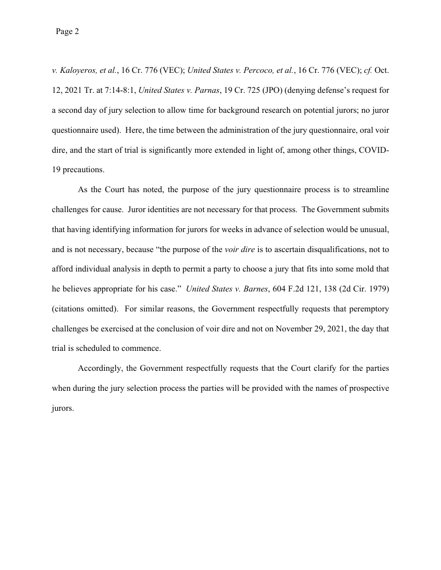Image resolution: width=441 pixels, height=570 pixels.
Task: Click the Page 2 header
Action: click(x=68, y=32)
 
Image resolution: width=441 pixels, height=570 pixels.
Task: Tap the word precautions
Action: click(x=83, y=169)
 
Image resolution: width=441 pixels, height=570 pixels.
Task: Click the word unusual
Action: click(x=375, y=229)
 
